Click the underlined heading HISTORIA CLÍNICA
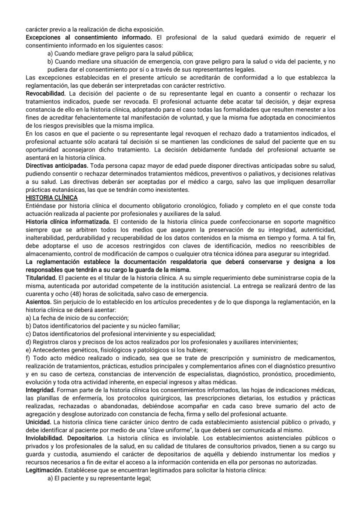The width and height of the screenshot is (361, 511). click(51, 198)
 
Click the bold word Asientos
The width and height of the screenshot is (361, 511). click(38, 301)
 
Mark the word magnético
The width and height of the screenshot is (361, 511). click(319, 222)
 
